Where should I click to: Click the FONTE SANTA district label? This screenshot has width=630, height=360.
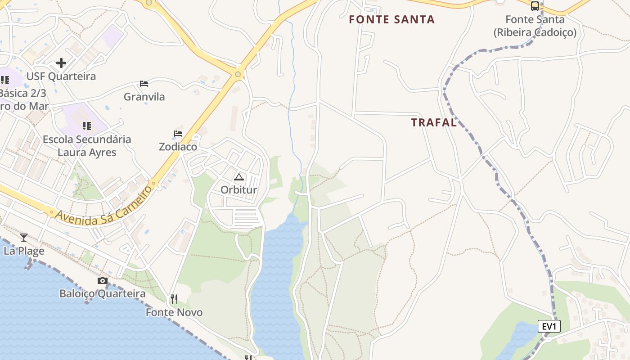(x=391, y=20)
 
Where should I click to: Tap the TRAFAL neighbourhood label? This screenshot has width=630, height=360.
(x=434, y=123)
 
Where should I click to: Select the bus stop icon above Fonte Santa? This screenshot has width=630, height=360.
(x=535, y=6)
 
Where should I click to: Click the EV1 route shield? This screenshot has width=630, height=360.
(x=549, y=326)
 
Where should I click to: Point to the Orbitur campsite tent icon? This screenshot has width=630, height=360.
(x=238, y=177)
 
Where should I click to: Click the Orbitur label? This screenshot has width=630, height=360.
(x=238, y=190)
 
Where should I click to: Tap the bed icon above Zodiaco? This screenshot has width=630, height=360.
(x=178, y=134)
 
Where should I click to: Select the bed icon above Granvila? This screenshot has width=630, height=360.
(x=144, y=84)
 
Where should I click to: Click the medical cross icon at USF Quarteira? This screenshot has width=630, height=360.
(x=61, y=63)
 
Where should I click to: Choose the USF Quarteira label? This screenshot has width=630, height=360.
(x=61, y=76)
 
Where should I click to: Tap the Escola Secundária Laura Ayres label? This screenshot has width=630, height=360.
(x=87, y=146)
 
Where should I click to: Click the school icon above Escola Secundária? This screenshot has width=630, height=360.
(x=87, y=126)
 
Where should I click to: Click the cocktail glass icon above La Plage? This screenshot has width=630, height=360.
(x=24, y=237)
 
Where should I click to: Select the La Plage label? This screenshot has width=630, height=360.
(x=24, y=251)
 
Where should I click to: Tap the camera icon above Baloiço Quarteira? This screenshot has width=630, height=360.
(x=103, y=281)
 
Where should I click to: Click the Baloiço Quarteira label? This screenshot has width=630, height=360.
(x=103, y=294)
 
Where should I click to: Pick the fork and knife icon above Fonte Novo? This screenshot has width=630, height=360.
(x=174, y=299)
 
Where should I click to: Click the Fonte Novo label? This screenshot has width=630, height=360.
(x=174, y=312)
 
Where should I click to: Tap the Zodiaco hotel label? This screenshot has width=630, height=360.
(x=178, y=147)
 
